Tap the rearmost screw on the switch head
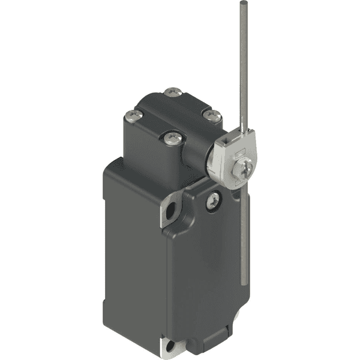[x=173, y=92]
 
